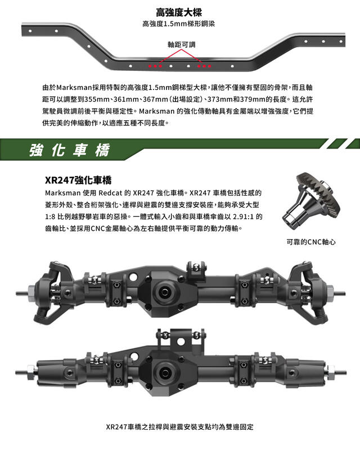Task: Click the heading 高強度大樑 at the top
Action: pos(179,12)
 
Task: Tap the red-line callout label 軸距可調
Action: pos(182,44)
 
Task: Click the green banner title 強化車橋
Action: pos(70,150)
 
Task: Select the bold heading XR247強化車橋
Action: pos(78,180)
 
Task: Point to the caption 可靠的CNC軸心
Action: pos(311,242)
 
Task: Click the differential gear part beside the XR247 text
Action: pos(311,200)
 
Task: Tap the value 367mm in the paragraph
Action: pos(155,100)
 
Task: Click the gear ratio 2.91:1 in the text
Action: pos(244,217)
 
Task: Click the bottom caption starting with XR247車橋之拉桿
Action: pos(179,427)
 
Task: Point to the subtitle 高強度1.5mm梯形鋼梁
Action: pos(178,24)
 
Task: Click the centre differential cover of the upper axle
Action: pos(165,292)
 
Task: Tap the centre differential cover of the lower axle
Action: pos(165,372)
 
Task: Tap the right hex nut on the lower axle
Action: pos(330,372)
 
